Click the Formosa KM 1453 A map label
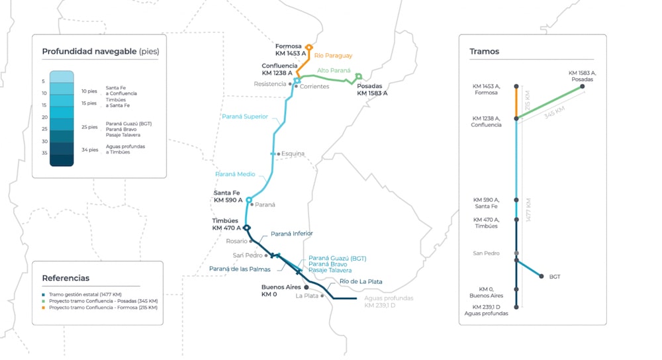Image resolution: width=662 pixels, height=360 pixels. [291, 50]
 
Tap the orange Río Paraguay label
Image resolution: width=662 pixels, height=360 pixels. [333, 56]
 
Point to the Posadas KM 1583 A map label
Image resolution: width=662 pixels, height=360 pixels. [372, 90]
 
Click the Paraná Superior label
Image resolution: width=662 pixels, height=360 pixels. [245, 116]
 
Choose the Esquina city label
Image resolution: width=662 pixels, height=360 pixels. [293, 154]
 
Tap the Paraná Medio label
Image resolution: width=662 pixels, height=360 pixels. [235, 174]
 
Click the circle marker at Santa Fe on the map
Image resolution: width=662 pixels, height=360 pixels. [250, 200]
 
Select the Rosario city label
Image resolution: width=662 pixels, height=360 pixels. [236, 241]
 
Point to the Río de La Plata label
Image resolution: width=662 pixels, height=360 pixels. [361, 281]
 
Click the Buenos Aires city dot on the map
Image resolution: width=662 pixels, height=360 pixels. [306, 288]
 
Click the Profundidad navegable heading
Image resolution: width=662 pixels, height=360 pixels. [100, 51]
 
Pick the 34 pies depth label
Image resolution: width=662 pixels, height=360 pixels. [89, 149]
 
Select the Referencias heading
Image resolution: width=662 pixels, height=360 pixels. [66, 278]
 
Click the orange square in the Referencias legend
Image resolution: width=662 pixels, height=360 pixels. [44, 308]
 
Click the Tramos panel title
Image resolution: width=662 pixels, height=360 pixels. [485, 51]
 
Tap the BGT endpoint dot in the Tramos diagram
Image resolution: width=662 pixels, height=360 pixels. [542, 277]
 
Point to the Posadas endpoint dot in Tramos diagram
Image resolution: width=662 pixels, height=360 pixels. [583, 86]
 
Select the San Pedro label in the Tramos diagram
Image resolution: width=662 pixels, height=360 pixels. [486, 253]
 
